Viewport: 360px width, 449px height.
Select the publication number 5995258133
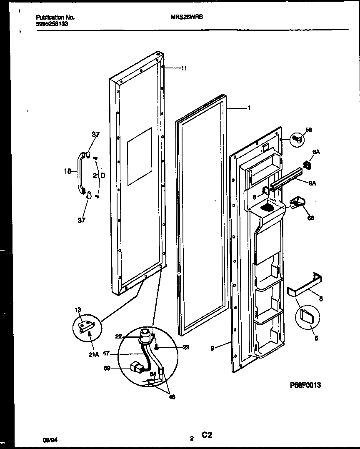coord(52,24)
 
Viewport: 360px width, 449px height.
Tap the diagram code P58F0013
coord(305,385)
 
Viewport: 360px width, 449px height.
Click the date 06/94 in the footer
coord(50,439)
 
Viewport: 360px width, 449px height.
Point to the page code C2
coord(207,435)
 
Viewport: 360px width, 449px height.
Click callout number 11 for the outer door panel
coord(184,68)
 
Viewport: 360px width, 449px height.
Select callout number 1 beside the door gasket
coord(249,108)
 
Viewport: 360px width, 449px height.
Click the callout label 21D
coord(99,176)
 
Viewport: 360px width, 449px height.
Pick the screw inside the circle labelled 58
coord(297,139)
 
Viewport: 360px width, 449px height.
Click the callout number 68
coord(310,218)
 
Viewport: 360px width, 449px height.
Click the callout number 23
coord(185,347)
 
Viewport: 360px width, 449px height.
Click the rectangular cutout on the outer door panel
coord(140,156)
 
